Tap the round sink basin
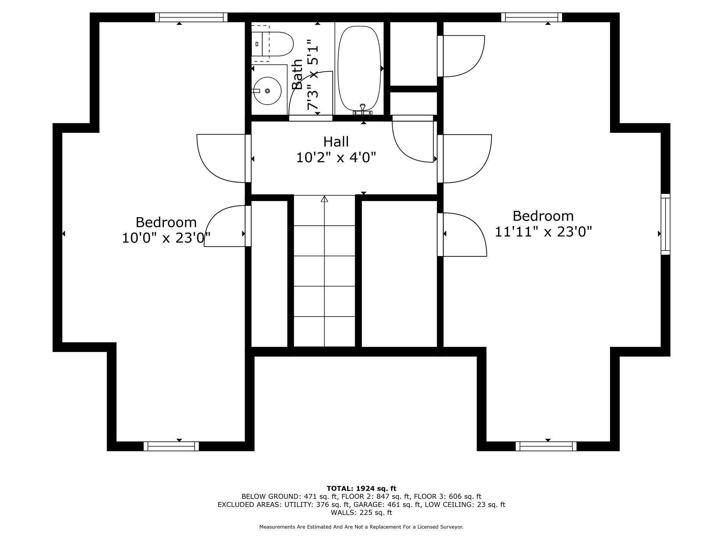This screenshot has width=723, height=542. pyautogui.click(x=267, y=91)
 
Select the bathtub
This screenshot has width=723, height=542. pyautogui.click(x=359, y=68)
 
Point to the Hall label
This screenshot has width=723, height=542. pyautogui.click(x=336, y=142)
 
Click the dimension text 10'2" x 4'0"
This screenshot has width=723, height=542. pyautogui.click(x=336, y=158)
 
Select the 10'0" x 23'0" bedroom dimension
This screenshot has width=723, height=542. pyautogui.click(x=166, y=238)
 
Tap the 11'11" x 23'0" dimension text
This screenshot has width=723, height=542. pyautogui.click(x=543, y=232)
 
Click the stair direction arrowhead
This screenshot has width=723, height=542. pyautogui.click(x=324, y=199)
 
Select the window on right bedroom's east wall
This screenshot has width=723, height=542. pyautogui.click(x=665, y=224)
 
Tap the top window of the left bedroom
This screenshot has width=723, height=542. pyautogui.click(x=191, y=17)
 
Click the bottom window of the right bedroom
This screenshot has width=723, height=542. pyautogui.click(x=546, y=446)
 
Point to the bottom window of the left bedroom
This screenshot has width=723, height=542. pyautogui.click(x=171, y=446)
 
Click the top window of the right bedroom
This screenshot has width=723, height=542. pyautogui.click(x=531, y=17)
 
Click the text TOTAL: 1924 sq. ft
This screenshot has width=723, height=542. pyautogui.click(x=361, y=488)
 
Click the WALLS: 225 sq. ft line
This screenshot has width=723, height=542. pyautogui.click(x=361, y=512)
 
